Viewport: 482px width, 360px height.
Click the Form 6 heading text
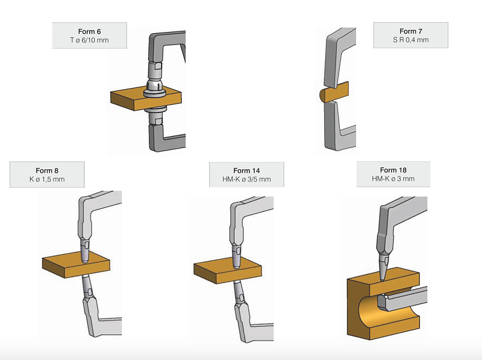coord(89,31)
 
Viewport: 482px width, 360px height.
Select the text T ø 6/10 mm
coord(89,40)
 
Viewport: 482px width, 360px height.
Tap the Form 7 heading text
coord(411,31)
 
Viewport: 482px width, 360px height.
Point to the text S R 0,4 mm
coord(411,40)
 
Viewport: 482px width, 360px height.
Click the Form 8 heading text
coord(47,170)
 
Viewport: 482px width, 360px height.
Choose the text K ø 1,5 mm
coord(47,179)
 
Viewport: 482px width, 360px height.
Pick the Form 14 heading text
coord(246,170)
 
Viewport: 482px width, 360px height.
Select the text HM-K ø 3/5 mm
coord(246,179)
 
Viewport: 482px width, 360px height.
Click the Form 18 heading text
coord(393,170)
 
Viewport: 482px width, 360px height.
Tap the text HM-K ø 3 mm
coord(393,178)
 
